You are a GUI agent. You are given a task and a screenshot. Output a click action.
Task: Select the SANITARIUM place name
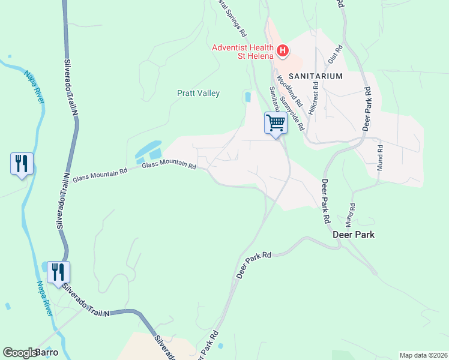(315, 76)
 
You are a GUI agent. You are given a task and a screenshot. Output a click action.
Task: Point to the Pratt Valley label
(198, 93)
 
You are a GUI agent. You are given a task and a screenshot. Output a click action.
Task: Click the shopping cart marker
(276, 123)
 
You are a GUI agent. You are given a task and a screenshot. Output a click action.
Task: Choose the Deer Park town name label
(354, 235)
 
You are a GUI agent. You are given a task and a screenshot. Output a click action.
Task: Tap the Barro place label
(47, 352)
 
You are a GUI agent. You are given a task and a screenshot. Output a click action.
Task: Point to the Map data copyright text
(423, 355)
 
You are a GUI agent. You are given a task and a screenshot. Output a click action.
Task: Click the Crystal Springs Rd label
(233, 14)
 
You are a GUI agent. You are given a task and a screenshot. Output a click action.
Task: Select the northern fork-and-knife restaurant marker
(22, 163)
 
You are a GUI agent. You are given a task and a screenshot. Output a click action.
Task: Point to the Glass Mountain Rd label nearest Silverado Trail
(100, 175)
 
